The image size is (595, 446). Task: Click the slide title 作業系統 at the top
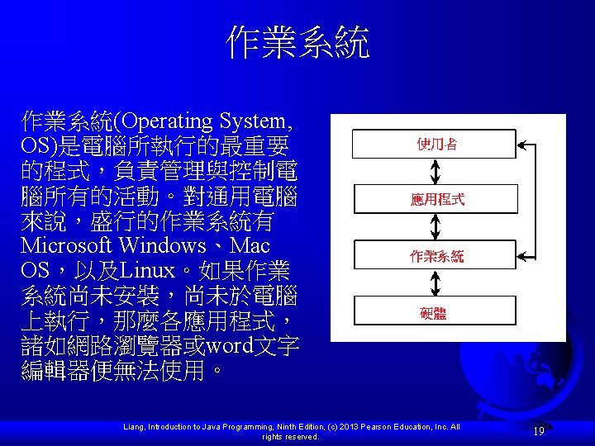tap(297, 43)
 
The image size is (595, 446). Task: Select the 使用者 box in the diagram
tap(435, 144)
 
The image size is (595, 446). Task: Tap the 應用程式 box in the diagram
tap(435, 199)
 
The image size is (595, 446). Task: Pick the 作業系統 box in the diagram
tap(435, 255)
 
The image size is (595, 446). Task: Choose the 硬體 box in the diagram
tap(435, 311)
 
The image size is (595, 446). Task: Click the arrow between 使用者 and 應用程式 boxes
tap(436, 172)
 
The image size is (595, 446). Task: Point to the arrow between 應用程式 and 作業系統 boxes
tap(436, 227)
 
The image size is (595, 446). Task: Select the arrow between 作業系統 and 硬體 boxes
tap(436, 283)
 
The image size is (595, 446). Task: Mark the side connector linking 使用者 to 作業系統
tap(537, 199)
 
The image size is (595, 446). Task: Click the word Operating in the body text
tap(169, 121)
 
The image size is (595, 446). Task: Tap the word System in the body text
tap(254, 121)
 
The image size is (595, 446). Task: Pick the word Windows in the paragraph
tap(162, 245)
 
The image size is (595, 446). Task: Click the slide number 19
tap(539, 431)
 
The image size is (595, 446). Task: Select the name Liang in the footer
tap(133, 427)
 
